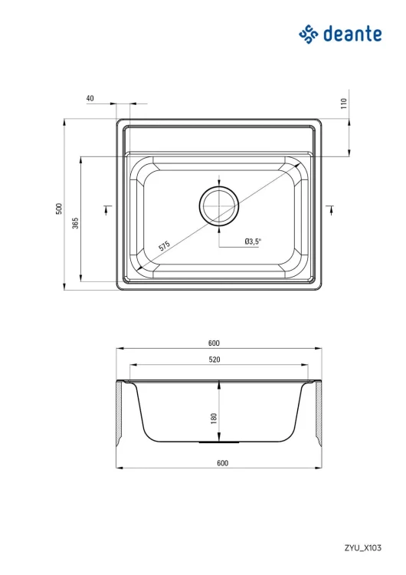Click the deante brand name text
352,34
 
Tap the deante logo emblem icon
309,34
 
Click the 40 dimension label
90,98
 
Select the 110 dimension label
343,103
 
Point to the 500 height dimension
59,209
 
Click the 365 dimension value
75,223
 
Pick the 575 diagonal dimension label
164,245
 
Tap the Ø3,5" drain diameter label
254,242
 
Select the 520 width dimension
214,360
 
